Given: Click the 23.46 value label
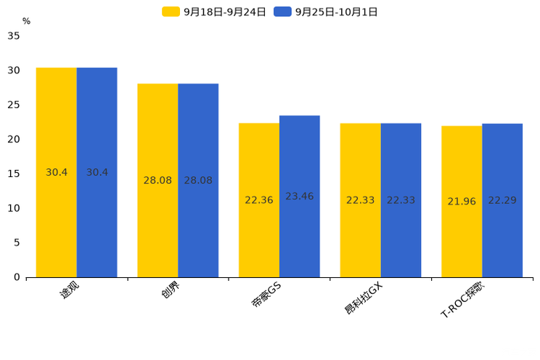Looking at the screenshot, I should coord(299,196).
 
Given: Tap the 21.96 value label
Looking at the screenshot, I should coord(462,201).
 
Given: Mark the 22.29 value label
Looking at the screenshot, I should coord(502,200).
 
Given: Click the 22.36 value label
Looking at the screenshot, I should coord(259,200).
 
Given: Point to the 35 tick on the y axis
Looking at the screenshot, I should coord(14,36).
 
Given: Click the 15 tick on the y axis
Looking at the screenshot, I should coord(14,173).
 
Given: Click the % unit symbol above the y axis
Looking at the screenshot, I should coord(26,21).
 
